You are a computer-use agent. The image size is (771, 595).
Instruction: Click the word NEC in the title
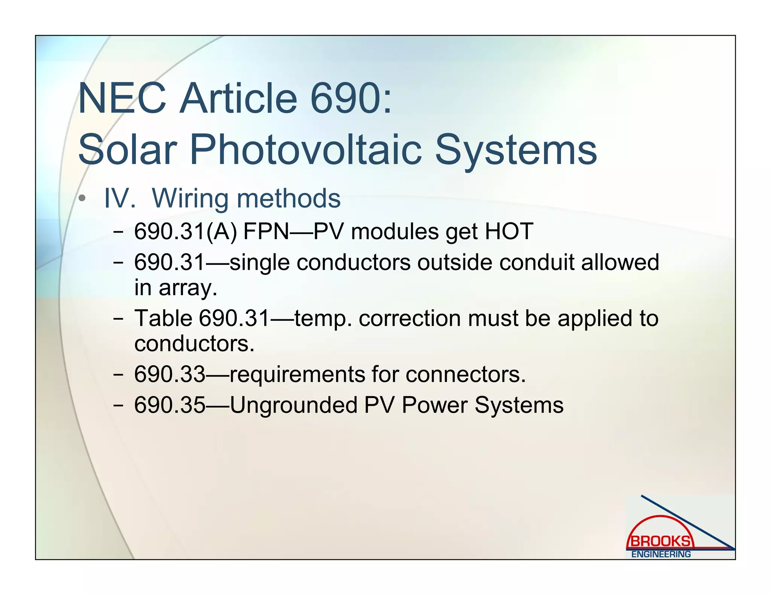[122, 99]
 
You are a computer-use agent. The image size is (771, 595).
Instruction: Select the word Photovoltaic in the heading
[305, 150]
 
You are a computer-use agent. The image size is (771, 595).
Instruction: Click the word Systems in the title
[516, 150]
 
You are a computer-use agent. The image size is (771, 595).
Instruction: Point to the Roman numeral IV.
[120, 198]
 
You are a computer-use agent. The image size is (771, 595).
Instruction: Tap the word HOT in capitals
[509, 231]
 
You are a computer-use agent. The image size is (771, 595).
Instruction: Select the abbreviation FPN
[266, 231]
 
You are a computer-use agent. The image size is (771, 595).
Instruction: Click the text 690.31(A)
[186, 231]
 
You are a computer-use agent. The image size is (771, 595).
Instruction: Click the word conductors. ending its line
[194, 343]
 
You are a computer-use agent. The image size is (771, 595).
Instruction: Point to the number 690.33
[170, 374]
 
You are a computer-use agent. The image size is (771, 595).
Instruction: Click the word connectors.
[465, 374]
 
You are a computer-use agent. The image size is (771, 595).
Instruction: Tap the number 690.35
[170, 405]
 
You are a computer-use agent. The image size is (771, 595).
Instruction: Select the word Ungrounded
[293, 405]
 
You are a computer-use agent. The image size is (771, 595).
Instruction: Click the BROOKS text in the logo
[661, 542]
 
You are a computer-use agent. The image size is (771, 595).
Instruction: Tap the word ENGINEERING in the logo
[661, 554]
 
